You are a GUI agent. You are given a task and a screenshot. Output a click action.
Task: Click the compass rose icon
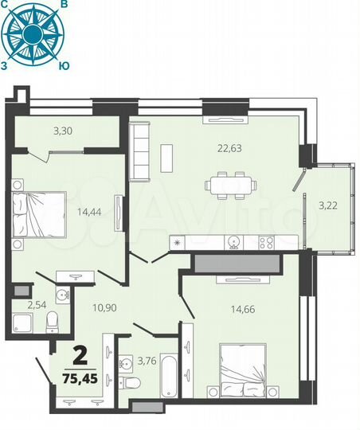[34, 33]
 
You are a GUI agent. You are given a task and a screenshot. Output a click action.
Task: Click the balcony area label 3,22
[327, 205]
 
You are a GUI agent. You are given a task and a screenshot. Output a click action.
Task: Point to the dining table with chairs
[229, 185]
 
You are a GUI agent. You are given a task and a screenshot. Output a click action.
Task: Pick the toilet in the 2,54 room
[53, 322]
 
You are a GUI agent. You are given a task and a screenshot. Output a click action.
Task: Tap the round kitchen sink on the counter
[233, 242]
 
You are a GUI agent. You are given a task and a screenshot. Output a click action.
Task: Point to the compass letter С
[7, 5]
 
